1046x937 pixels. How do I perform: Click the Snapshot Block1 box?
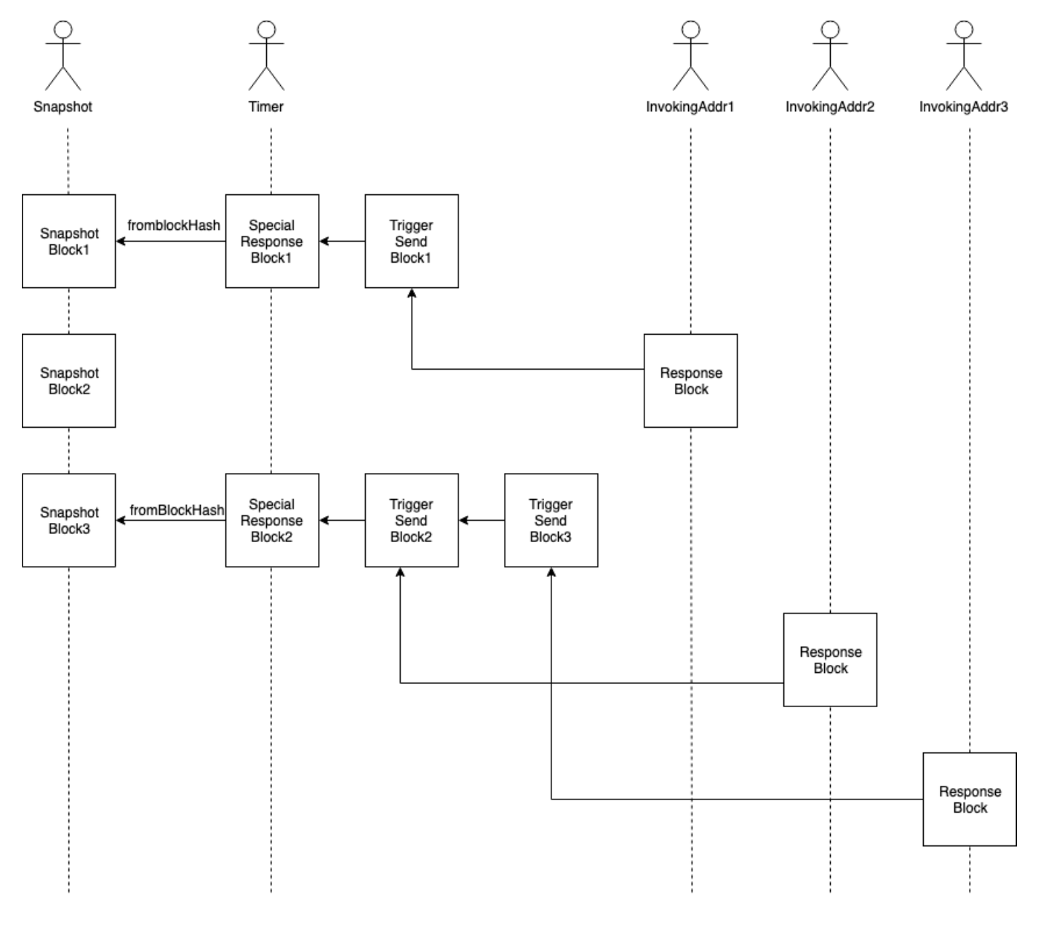click(68, 242)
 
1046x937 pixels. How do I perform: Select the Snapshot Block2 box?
click(68, 380)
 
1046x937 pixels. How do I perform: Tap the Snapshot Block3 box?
click(68, 520)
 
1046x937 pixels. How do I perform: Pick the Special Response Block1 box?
click(272, 242)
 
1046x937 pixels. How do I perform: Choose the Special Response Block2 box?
click(272, 520)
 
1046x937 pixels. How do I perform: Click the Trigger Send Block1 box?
click(412, 242)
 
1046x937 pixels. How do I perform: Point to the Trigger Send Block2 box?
click(412, 520)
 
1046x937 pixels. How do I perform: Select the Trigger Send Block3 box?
click(551, 520)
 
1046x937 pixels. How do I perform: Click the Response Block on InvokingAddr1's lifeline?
click(691, 380)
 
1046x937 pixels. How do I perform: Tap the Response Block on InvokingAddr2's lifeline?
click(830, 660)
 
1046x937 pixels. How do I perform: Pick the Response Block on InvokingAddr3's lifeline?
click(970, 799)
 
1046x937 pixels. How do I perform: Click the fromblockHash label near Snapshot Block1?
click(173, 226)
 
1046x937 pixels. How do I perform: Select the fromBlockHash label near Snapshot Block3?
click(177, 511)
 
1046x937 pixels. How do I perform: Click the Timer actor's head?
click(266, 29)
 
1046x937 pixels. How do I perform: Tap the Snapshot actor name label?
click(63, 107)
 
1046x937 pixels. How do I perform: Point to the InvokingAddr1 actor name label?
click(690, 107)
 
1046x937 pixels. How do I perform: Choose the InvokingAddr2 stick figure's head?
click(830, 29)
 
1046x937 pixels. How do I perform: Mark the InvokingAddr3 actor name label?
click(964, 107)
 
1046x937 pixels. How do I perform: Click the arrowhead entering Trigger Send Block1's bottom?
click(412, 293)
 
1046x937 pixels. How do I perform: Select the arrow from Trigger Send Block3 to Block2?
click(482, 520)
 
